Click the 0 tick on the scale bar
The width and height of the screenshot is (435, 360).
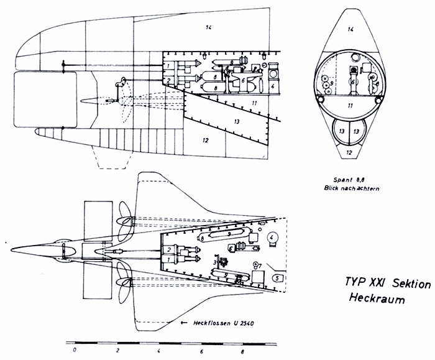(74, 341)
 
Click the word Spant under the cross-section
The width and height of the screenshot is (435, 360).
(342, 178)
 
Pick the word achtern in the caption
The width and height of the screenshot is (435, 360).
(364, 187)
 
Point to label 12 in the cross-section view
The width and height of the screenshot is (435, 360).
(349, 151)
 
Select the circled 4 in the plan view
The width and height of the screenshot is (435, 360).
(272, 237)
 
